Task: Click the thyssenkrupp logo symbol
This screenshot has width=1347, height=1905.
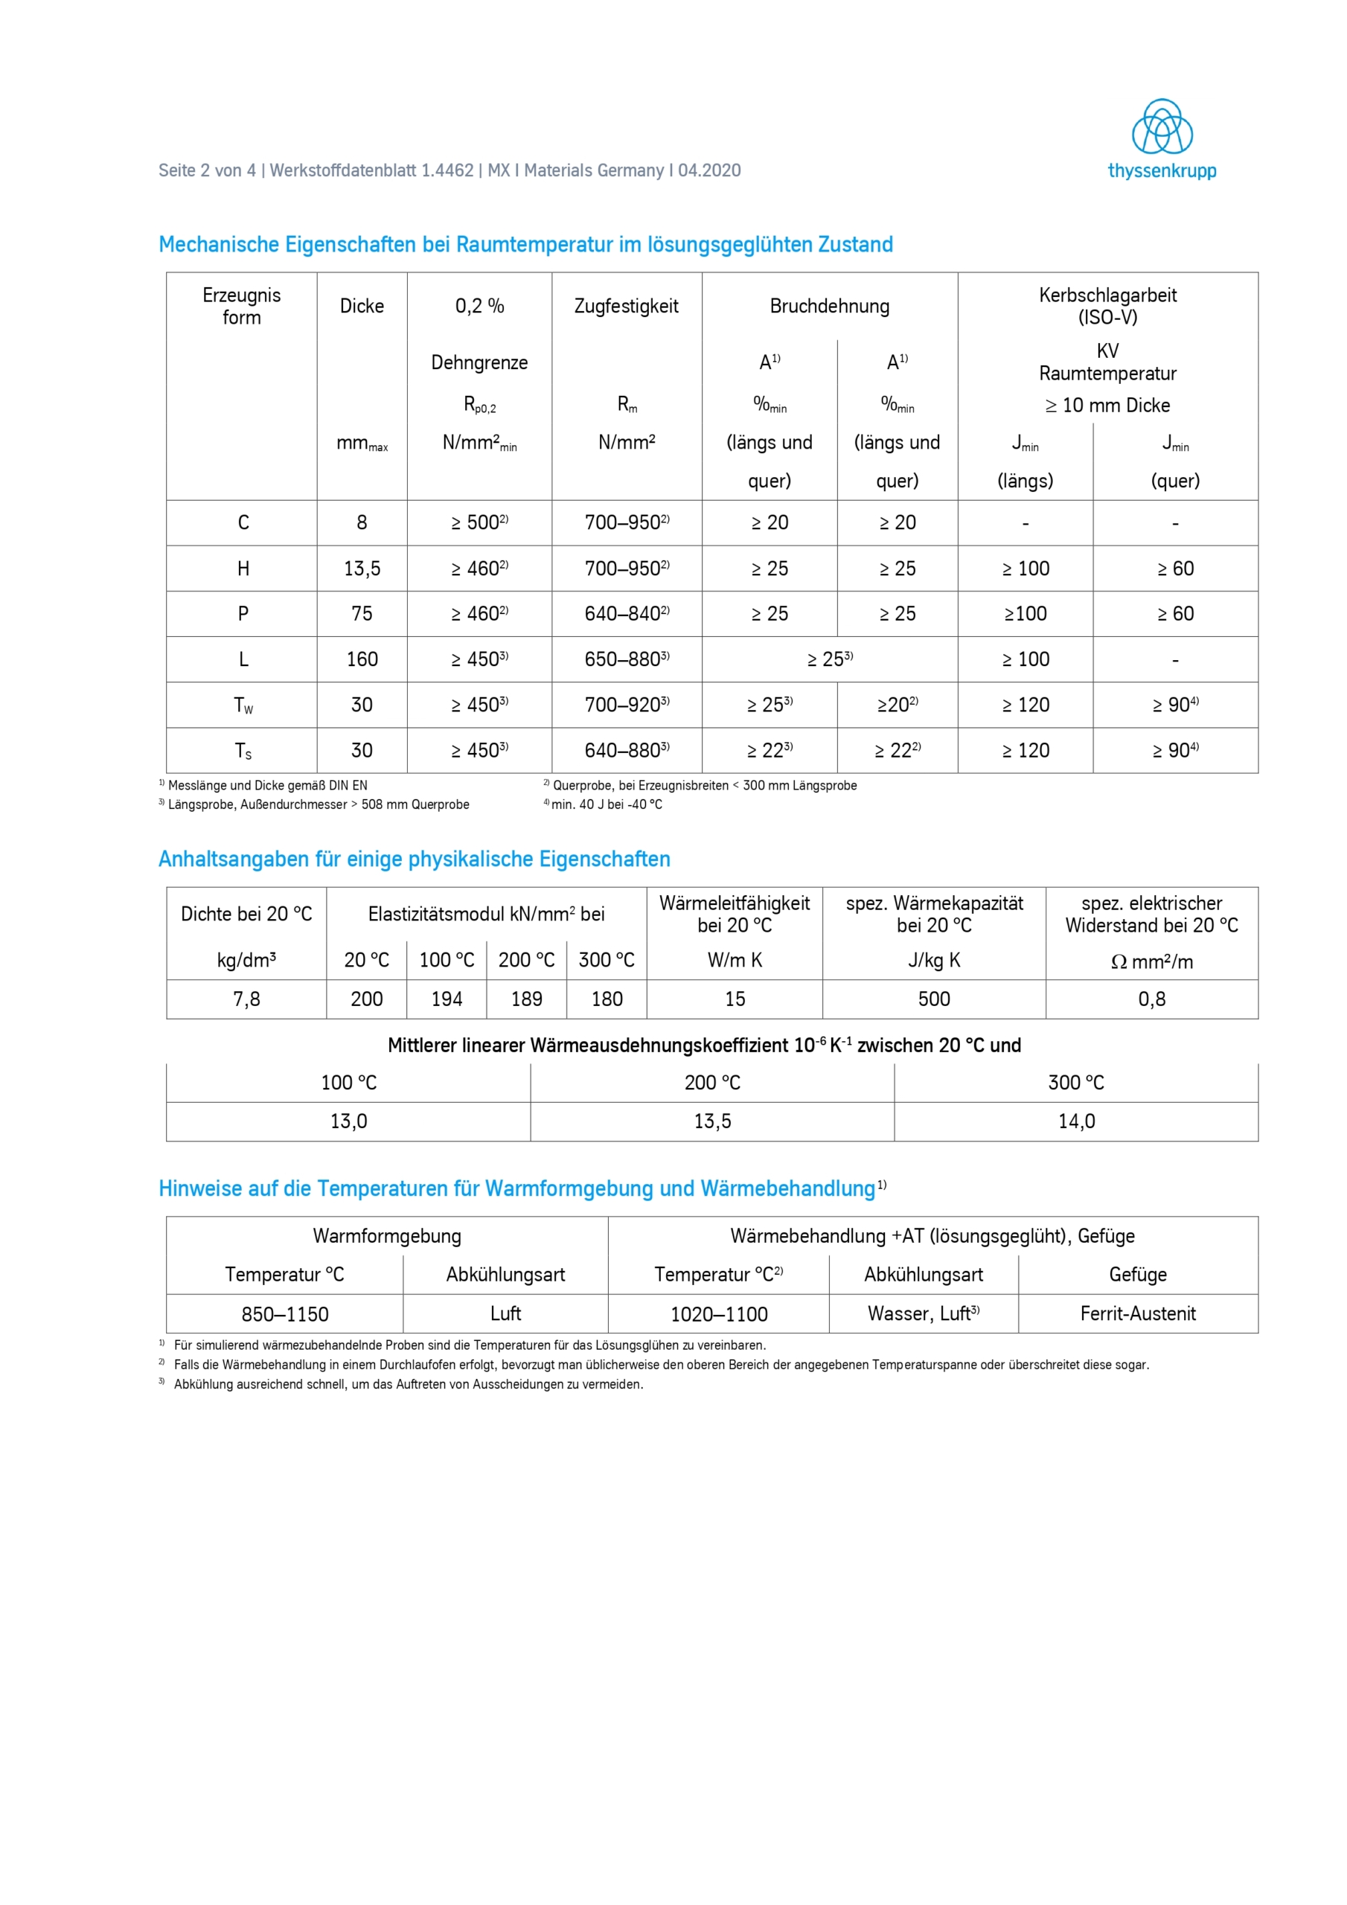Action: pos(1161,127)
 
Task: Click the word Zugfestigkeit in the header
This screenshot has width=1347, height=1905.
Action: pos(626,306)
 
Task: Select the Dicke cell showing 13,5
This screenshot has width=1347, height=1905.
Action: pos(362,569)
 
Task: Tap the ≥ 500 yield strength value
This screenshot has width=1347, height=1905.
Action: pos(479,522)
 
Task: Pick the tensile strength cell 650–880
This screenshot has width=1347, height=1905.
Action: pos(626,659)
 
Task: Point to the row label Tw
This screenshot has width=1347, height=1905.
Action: pos(243,705)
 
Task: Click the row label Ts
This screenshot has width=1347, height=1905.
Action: pos(243,751)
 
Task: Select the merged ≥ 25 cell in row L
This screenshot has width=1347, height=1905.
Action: pos(829,659)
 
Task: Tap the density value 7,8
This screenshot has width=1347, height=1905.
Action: pos(246,999)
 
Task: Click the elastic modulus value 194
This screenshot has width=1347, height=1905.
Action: pos(447,999)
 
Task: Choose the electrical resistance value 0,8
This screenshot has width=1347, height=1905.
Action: pos(1151,999)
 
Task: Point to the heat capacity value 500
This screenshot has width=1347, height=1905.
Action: pos(934,999)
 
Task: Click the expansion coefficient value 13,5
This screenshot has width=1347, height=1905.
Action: pos(712,1121)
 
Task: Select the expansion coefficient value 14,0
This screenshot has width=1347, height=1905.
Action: pos(1075,1121)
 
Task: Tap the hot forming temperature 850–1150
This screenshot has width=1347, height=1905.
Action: pos(285,1314)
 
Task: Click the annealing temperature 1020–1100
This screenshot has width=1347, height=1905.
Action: pos(719,1314)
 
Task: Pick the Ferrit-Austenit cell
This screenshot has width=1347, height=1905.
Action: pos(1138,1313)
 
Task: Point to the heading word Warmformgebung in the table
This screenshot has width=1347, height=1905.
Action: pos(387,1235)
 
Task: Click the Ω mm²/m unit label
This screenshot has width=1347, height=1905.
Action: pos(1151,961)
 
